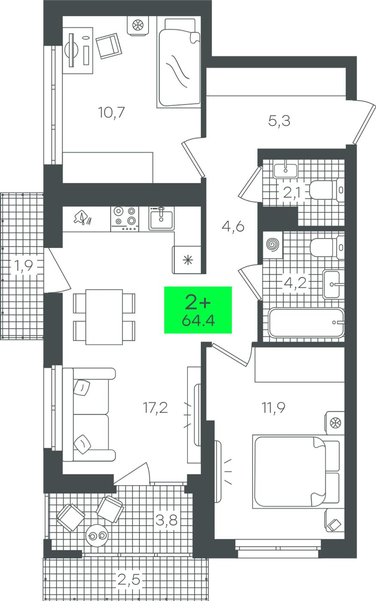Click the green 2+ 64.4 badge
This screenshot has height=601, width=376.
tap(198, 310)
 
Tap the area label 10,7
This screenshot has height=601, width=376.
tap(112, 112)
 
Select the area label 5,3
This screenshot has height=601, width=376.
tap(279, 121)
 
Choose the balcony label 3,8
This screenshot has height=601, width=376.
tap(167, 520)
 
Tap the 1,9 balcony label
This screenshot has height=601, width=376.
tap(24, 266)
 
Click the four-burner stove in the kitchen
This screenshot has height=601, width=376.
tap(125, 219)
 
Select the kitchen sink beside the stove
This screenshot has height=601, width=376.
tap(161, 219)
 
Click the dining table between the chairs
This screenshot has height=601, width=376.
tap(104, 317)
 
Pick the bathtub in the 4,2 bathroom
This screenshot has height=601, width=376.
tap(306, 323)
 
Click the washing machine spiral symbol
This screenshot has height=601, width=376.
tap(273, 245)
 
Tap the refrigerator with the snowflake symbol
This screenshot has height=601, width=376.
tap(187, 260)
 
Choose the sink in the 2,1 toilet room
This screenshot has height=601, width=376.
tap(285, 170)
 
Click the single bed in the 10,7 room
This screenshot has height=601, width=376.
tap(179, 63)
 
